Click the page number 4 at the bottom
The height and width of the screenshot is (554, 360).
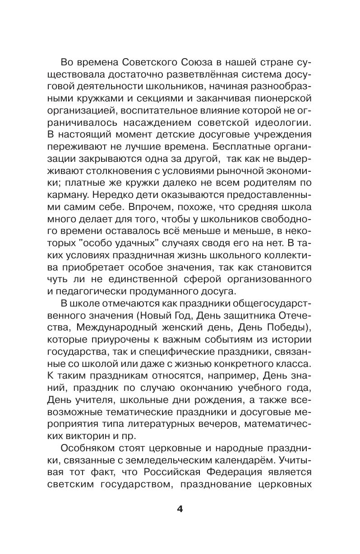pyautogui.click(x=180, y=509)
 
